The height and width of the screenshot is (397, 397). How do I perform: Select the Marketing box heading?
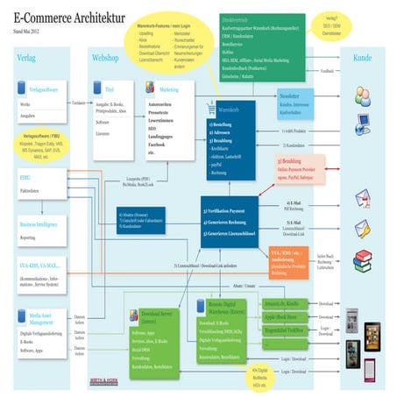pos(168,89)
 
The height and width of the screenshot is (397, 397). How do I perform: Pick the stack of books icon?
pos(363,260)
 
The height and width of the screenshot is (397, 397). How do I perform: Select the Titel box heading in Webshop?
pos(110,89)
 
